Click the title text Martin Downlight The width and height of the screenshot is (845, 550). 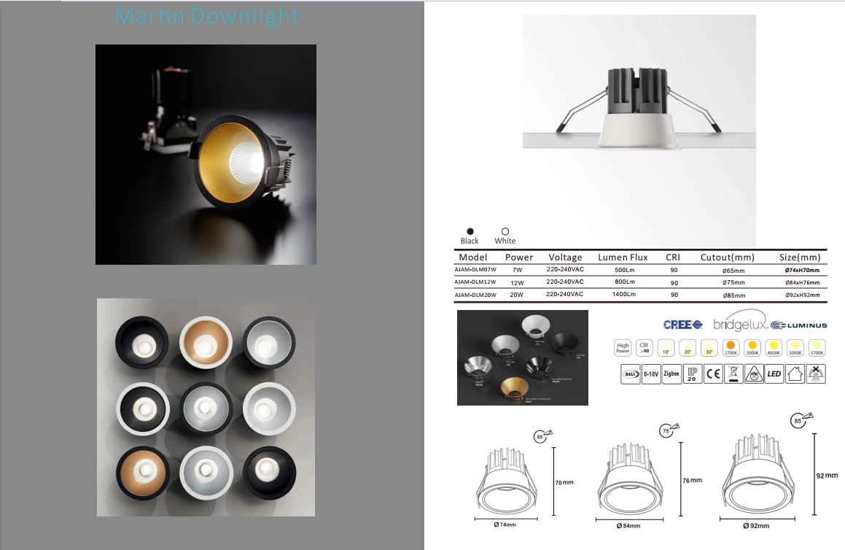[x=208, y=16]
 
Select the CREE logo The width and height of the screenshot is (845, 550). [x=682, y=325]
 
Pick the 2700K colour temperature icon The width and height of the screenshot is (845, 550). [x=731, y=347]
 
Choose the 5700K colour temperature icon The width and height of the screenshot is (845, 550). [x=818, y=347]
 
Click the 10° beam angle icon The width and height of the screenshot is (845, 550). [x=666, y=347]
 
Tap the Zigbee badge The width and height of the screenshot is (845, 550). [x=671, y=376]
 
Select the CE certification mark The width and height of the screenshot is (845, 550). [x=713, y=376]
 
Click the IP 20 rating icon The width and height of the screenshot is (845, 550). [x=692, y=376]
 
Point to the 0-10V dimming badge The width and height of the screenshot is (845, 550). [x=651, y=376]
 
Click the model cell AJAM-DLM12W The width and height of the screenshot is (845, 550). [x=475, y=282]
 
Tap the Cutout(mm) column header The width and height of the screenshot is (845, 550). [x=727, y=257]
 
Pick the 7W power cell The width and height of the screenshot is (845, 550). [x=518, y=269]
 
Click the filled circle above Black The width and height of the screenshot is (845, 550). [x=470, y=231]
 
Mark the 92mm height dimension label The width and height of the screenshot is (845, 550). [x=826, y=476]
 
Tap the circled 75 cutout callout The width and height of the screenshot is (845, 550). [x=664, y=430]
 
